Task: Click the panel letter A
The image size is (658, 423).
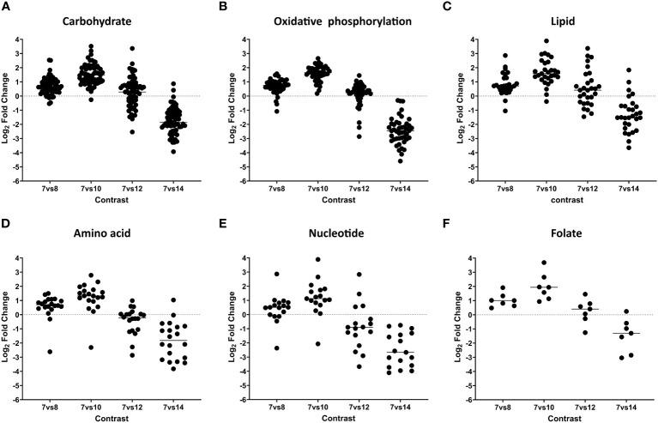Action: (6, 8)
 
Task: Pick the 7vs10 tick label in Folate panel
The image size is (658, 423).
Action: (564, 406)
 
